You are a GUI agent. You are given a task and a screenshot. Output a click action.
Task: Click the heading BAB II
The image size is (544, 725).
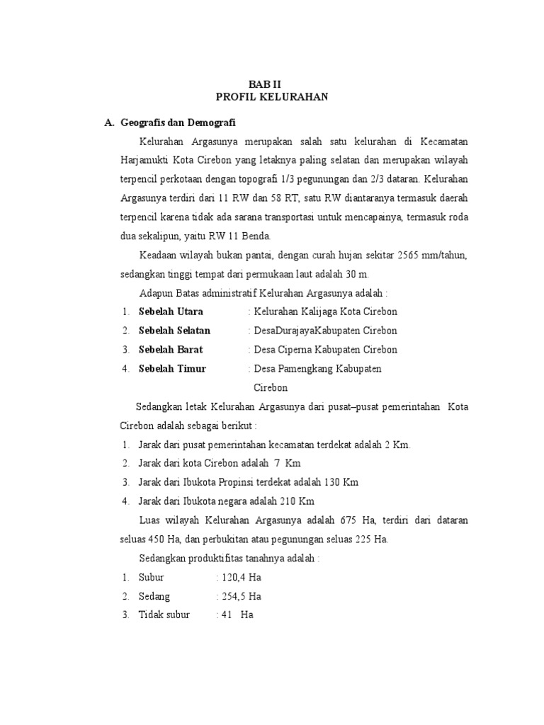271,84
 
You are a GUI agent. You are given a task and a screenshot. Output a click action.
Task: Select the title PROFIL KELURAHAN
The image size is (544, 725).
271,97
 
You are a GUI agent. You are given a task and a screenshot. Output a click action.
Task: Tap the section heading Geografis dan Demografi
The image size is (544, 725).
178,122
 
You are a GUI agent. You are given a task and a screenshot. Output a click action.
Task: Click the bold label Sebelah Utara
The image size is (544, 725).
171,312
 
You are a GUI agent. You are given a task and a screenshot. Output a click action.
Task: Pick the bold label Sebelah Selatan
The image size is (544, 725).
174,331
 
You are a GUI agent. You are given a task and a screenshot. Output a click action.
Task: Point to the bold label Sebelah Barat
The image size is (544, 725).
171,350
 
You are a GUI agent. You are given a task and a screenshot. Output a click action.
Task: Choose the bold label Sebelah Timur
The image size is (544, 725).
172,369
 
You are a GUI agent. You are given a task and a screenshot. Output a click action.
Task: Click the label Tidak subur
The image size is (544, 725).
164,615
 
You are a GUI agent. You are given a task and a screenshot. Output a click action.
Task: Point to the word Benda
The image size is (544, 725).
256,236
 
